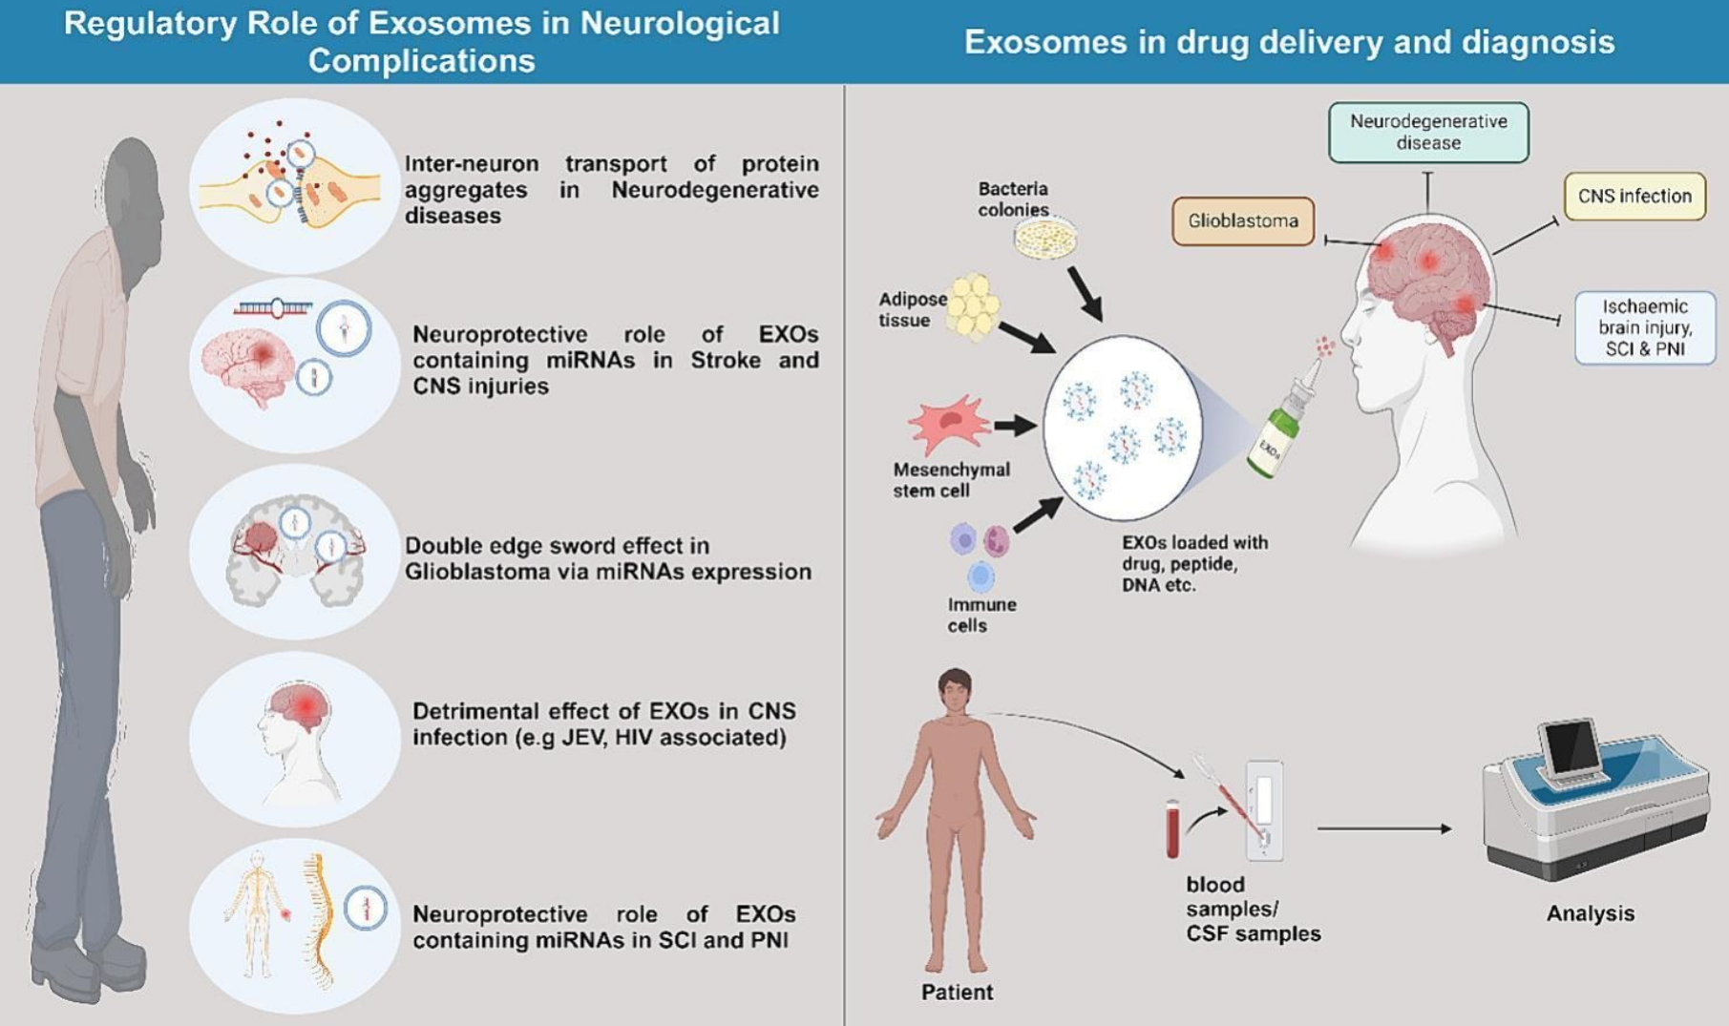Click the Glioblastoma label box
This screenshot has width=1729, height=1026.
tap(1242, 221)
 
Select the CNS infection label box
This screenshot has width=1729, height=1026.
tap(1634, 197)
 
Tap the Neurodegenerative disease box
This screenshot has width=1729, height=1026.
tap(1427, 133)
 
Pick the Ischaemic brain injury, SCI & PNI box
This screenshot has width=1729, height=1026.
tap(1644, 327)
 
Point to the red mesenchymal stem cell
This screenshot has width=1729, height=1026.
tap(949, 423)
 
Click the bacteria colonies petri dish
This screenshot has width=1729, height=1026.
tap(1045, 239)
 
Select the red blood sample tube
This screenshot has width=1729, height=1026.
tap(1172, 828)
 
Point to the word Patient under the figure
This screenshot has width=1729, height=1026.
tap(957, 993)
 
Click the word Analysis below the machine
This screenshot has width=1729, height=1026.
tap(1590, 913)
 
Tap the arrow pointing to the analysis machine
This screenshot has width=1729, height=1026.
tap(1384, 828)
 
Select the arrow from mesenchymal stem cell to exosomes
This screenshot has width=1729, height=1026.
tap(1015, 426)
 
